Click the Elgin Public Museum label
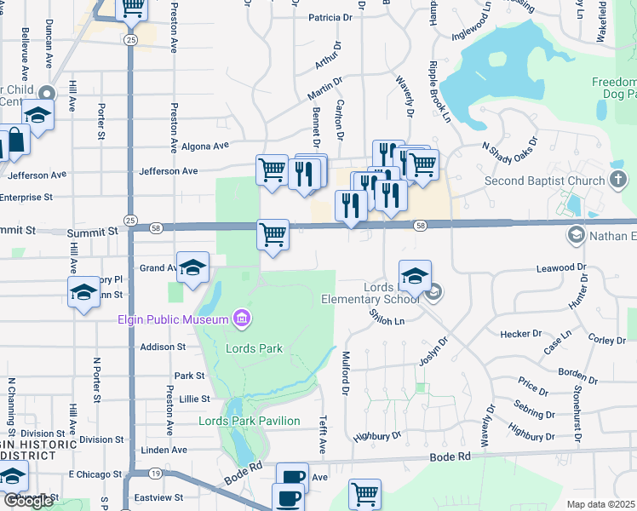[174, 319]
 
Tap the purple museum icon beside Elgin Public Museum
[243, 319]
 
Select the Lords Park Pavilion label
[249, 421]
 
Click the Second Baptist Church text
[544, 181]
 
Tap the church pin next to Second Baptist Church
[618, 180]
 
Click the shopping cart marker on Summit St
[273, 234]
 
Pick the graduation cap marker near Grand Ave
[192, 267]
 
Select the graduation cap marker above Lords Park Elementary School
[415, 274]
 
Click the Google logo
[28, 501]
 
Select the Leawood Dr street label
[562, 268]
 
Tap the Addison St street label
[162, 347]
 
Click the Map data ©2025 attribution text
[601, 504]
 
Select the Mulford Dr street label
[346, 373]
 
